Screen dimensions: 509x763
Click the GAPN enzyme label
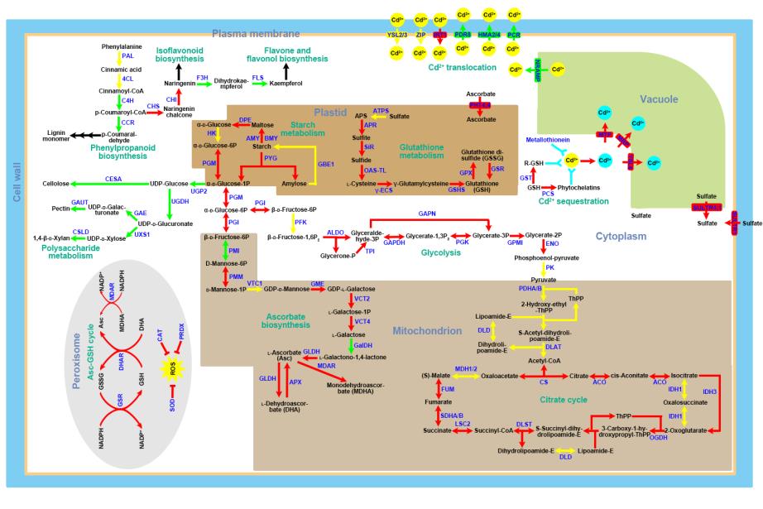pyautogui.click(x=426, y=214)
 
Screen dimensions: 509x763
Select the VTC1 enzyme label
pyautogui.click(x=254, y=284)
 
